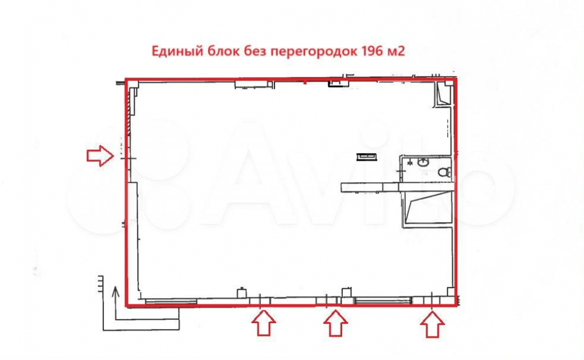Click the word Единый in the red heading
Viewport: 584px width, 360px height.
[175, 51]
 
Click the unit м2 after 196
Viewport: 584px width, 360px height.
[397, 51]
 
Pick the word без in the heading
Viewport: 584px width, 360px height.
[255, 51]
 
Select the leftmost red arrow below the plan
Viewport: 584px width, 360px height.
[264, 323]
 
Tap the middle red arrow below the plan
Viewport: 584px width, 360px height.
[335, 323]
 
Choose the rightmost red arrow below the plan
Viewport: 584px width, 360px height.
[432, 324]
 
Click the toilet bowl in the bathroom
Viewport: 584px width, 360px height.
[444, 172]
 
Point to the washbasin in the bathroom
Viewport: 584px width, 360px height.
[423, 162]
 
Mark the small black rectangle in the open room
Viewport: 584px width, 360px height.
[367, 157]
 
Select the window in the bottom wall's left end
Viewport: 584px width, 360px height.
[171, 301]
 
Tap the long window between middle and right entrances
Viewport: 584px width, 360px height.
[384, 300]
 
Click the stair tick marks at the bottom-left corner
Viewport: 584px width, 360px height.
[100, 284]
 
